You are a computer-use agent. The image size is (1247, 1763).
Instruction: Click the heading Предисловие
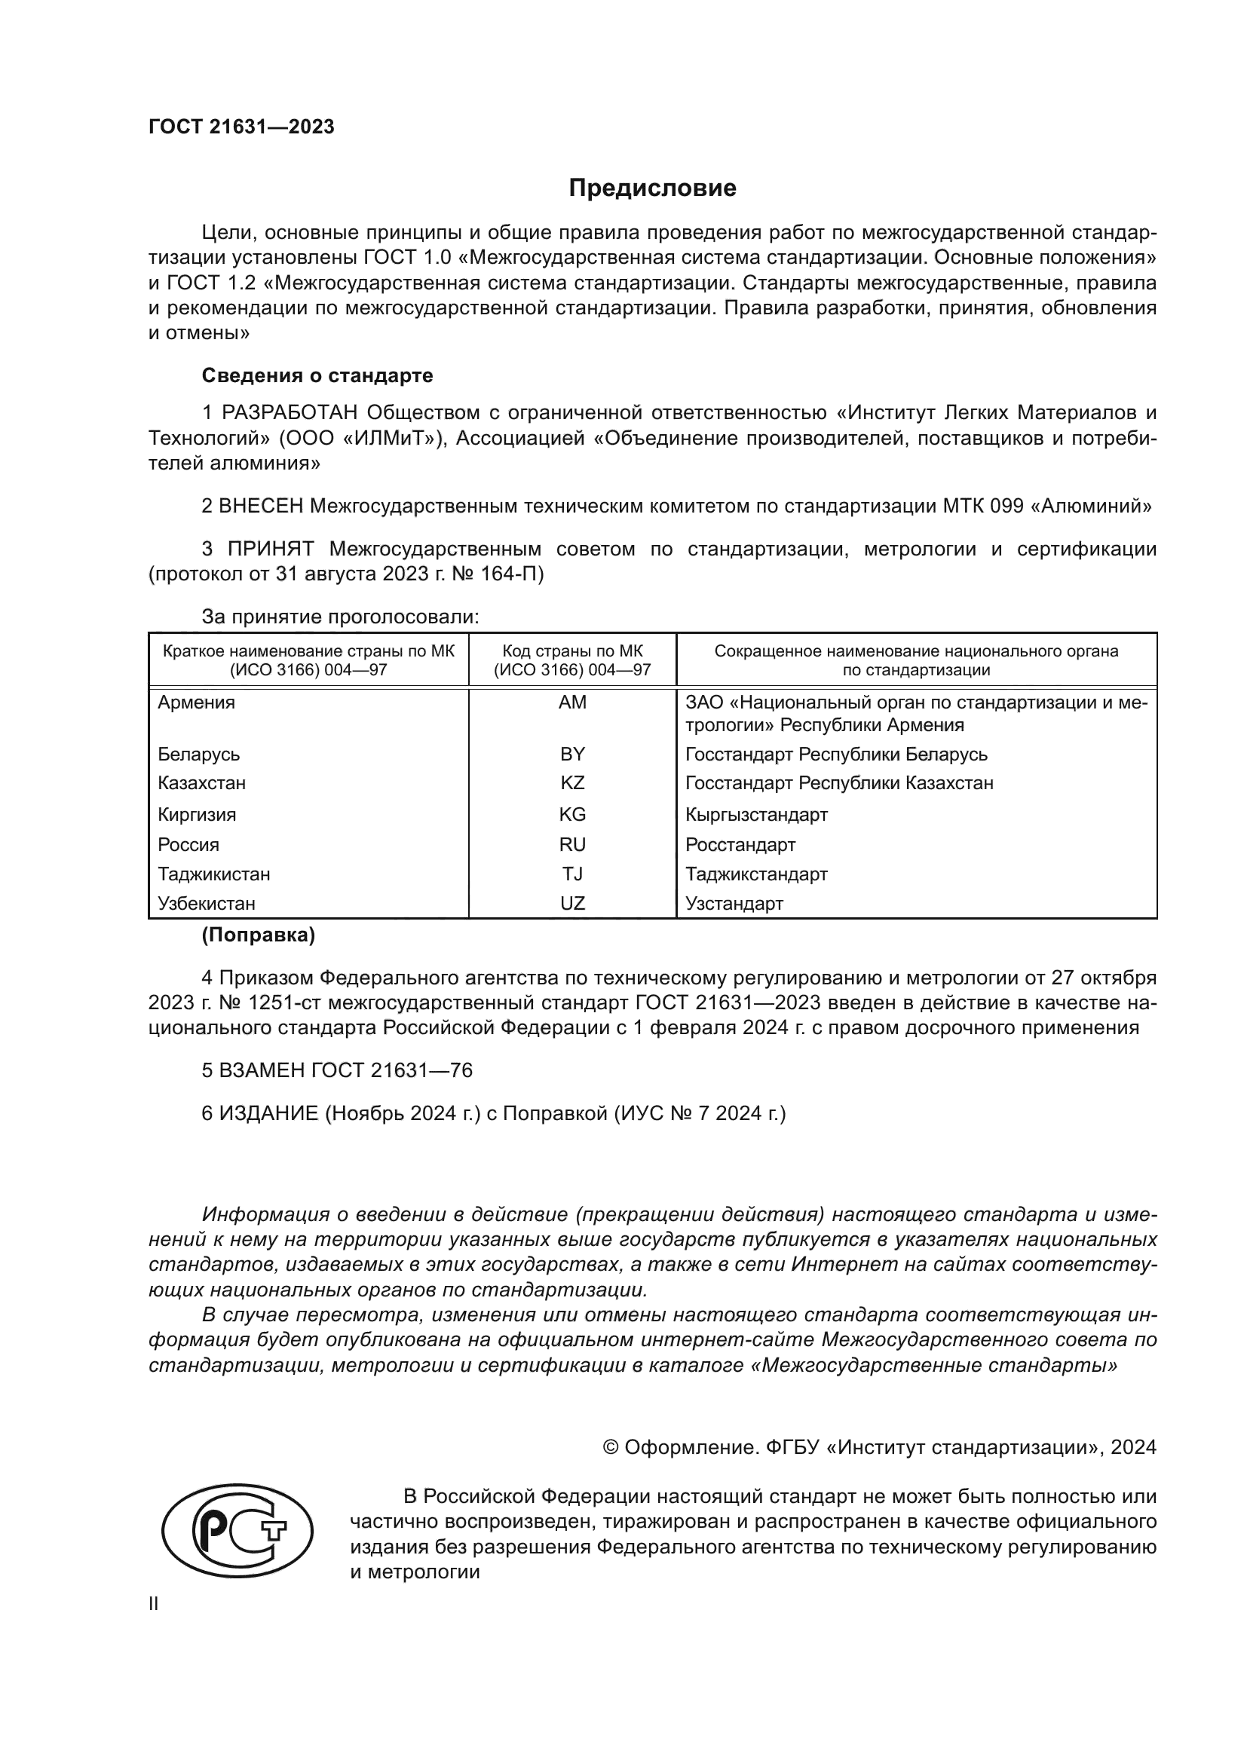652,188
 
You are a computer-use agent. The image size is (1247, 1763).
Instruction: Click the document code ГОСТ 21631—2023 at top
241,127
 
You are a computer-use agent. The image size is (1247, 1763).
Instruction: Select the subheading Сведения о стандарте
317,375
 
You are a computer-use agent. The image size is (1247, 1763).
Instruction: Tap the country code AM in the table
572,702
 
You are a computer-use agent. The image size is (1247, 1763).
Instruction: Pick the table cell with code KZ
572,783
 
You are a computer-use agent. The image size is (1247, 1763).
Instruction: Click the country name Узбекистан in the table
207,903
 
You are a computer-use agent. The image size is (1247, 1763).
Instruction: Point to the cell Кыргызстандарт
755,814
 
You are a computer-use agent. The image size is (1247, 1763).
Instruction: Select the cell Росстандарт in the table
740,845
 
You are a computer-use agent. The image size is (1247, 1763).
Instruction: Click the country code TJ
572,874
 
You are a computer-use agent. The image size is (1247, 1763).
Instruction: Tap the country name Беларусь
199,754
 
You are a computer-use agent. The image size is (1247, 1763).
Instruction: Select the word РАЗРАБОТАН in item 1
290,413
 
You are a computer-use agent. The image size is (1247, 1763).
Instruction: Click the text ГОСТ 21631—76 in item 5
391,1070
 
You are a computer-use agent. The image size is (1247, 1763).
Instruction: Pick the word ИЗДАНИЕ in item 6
268,1113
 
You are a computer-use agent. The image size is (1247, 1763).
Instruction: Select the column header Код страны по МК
572,651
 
